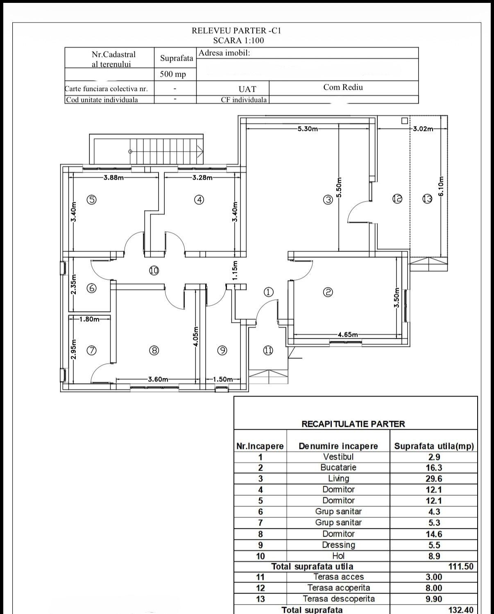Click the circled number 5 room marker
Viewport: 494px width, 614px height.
[x=91, y=199]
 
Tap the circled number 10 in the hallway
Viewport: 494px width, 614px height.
[x=154, y=270]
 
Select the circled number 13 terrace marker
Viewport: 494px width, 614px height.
[x=427, y=199]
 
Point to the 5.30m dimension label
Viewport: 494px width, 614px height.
[x=308, y=129]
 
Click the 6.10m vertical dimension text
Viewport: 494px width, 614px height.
[x=441, y=186]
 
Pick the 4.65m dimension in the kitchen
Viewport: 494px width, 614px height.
[x=348, y=334]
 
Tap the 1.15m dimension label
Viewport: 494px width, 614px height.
[x=235, y=270]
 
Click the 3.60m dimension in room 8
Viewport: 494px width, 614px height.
[x=158, y=379]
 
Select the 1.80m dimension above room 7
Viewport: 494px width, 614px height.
[x=89, y=319]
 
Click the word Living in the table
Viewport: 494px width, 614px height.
[x=338, y=478]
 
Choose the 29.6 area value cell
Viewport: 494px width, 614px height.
[x=434, y=478]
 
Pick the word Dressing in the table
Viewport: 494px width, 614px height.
[x=338, y=545]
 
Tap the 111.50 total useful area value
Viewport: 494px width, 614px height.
[x=461, y=566]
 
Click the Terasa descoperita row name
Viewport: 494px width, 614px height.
[x=338, y=598]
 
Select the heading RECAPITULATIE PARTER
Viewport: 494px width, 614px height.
[x=354, y=424]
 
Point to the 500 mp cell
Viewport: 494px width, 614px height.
[x=173, y=74]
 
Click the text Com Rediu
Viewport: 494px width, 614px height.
[x=343, y=87]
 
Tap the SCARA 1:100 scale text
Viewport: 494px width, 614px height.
[x=238, y=40]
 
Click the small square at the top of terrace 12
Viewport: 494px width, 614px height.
[x=404, y=121]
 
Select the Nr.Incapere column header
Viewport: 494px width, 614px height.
[x=260, y=446]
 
